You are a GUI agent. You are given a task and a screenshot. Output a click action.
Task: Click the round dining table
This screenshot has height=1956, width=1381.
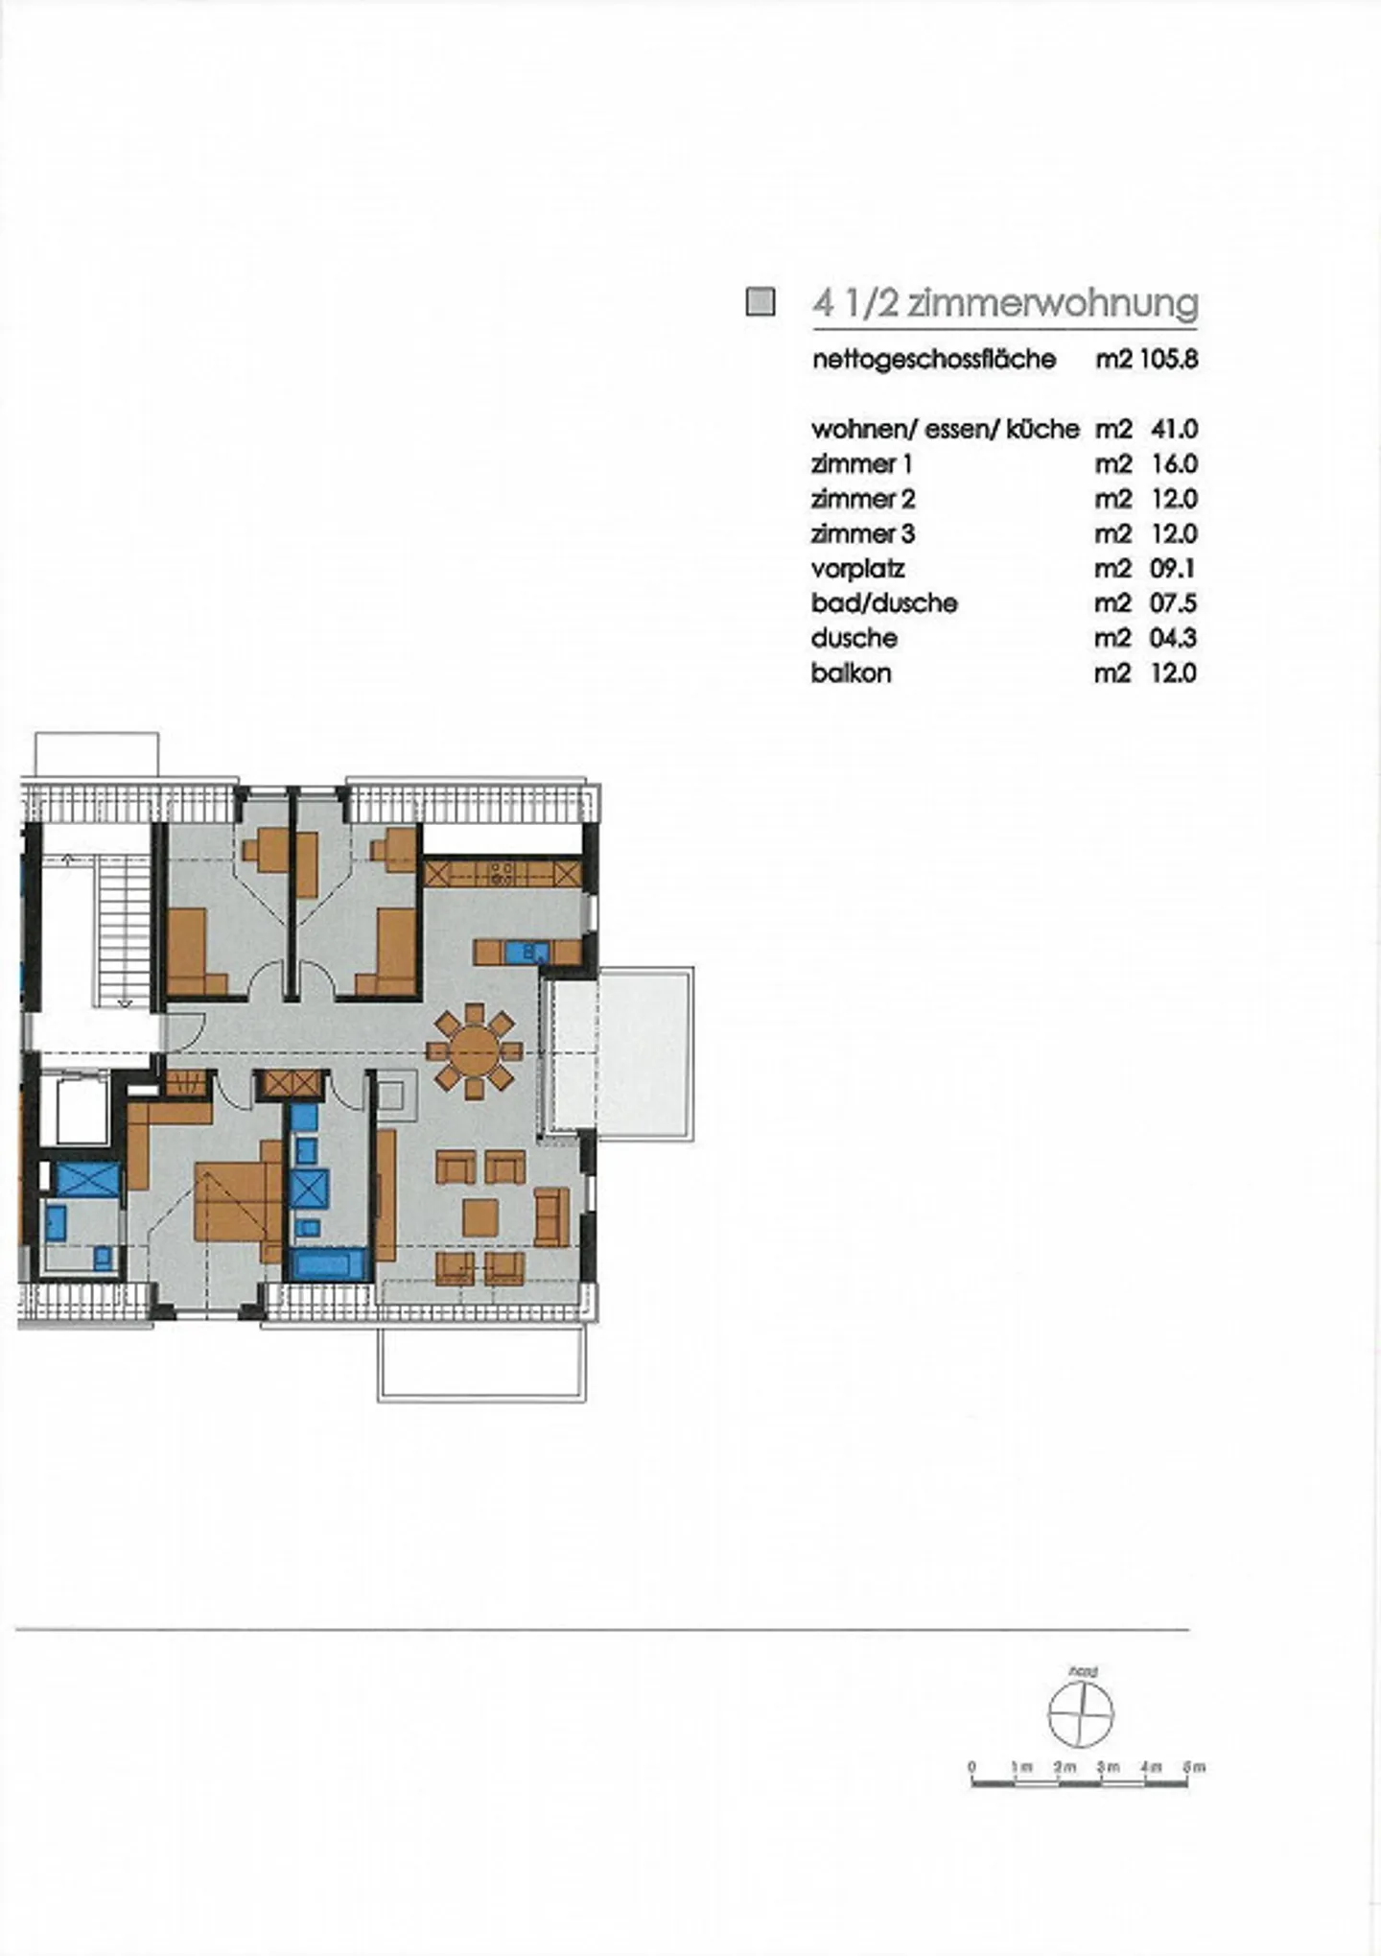tap(474, 1050)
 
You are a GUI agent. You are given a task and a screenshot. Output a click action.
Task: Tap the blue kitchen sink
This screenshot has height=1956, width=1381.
tap(526, 953)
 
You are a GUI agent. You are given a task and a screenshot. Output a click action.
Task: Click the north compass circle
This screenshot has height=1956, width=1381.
tap(1081, 1714)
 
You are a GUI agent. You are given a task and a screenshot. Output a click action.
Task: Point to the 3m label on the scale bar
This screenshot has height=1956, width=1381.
tap(1107, 1766)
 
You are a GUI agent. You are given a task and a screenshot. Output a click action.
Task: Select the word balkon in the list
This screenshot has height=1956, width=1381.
tap(851, 673)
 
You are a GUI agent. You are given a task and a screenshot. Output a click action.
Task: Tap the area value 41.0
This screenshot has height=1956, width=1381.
tap(1174, 429)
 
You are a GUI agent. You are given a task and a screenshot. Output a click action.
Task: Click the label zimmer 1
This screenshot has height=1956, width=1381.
tap(861, 464)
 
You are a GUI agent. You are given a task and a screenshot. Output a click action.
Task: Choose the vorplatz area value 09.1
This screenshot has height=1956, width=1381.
tap(1173, 569)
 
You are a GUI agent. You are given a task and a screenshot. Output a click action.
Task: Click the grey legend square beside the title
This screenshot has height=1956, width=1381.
tap(761, 302)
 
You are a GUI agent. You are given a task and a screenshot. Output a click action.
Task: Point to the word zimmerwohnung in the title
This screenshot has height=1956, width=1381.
tap(1053, 303)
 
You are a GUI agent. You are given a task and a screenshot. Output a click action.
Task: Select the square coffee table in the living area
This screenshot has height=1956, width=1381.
tap(480, 1217)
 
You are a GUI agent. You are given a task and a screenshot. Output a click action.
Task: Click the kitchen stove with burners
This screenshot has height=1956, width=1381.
tap(502, 873)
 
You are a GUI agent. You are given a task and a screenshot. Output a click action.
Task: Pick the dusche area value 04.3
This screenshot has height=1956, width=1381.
tap(1173, 639)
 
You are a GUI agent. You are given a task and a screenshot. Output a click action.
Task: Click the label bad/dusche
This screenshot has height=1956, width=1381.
tap(883, 603)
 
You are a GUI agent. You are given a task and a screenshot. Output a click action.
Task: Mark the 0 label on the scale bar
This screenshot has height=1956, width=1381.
tap(971, 1766)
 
